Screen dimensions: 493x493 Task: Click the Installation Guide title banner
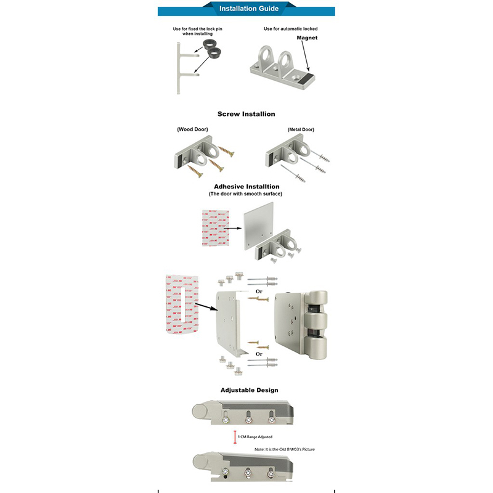click(249, 9)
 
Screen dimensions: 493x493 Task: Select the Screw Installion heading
click(246, 114)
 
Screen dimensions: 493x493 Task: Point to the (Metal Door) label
click(301, 129)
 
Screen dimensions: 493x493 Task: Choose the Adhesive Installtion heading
click(246, 186)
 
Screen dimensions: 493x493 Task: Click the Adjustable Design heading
click(249, 390)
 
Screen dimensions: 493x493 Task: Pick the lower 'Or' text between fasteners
click(259, 354)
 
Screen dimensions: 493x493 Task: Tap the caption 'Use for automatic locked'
click(290, 29)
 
